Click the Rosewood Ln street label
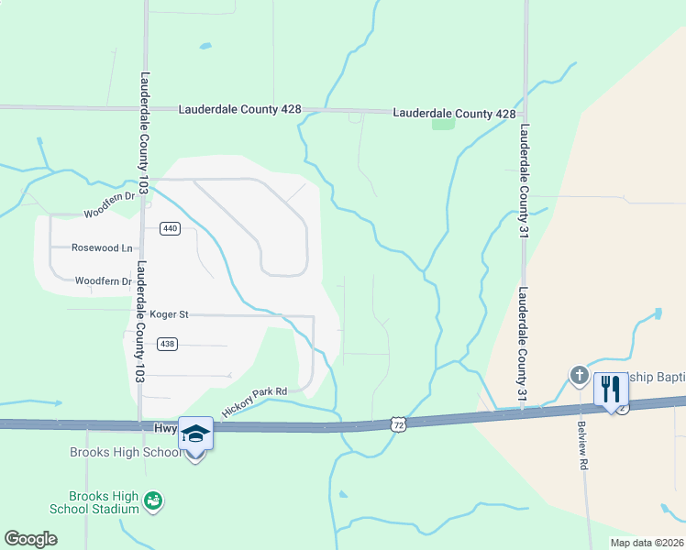pyautogui.click(x=103, y=247)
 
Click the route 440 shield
pyautogui.click(x=169, y=228)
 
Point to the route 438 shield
pyautogui.click(x=167, y=344)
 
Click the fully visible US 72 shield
pyautogui.click(x=397, y=423)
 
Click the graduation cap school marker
pyautogui.click(x=195, y=433)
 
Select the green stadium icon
pyautogui.click(x=153, y=500)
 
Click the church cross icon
pyautogui.click(x=579, y=375)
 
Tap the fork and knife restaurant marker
pyautogui.click(x=611, y=390)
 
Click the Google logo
pyautogui.click(x=30, y=539)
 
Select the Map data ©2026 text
pyautogui.click(x=647, y=543)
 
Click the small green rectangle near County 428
pyautogui.click(x=443, y=124)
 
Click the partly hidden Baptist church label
pyautogui.click(x=655, y=378)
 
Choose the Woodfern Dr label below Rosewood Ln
pyautogui.click(x=104, y=281)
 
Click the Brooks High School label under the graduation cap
pyautogui.click(x=126, y=453)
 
